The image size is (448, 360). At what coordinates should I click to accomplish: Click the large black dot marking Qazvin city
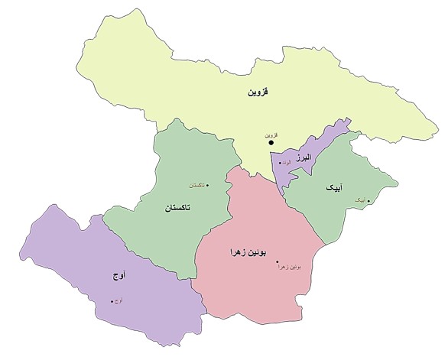pyautogui.click(x=271, y=142)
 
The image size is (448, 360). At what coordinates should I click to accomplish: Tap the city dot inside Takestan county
pyautogui.click(x=208, y=186)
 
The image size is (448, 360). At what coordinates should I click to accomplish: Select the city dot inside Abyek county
pyautogui.click(x=369, y=201)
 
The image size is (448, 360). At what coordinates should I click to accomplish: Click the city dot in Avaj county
pyautogui.click(x=112, y=300)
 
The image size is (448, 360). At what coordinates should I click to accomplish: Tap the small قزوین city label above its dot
pyautogui.click(x=270, y=134)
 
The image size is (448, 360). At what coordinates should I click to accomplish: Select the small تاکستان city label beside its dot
pyautogui.click(x=196, y=186)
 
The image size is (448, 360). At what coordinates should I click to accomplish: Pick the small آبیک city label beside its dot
pyautogui.click(x=359, y=201)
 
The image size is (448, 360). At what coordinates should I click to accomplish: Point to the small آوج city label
pyautogui.click(x=120, y=300)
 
